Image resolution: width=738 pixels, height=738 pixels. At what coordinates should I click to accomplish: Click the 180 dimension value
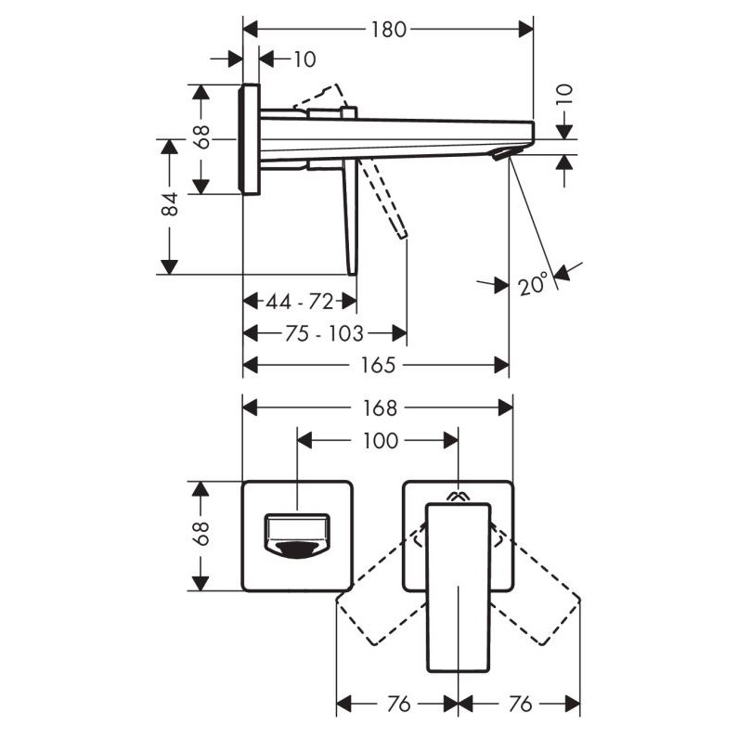tap(387, 29)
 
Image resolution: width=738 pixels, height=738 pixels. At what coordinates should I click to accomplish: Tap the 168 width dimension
tap(380, 408)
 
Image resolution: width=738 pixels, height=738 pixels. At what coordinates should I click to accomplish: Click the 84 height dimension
tap(169, 205)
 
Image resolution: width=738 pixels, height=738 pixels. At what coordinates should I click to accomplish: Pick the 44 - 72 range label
tap(300, 302)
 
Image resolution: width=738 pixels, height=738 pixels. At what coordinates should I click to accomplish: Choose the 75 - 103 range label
tap(323, 332)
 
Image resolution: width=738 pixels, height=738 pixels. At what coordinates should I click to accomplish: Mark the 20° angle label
tap(534, 283)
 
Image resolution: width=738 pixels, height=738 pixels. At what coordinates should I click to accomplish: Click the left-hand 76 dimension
tap(397, 705)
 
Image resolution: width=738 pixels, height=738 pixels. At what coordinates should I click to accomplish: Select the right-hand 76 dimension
tap(520, 705)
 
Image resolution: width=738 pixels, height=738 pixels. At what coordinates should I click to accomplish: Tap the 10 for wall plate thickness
tap(304, 59)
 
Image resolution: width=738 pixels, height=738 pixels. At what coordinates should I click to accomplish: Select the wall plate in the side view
tap(250, 139)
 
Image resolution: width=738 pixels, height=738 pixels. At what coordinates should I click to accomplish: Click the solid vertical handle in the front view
tap(458, 585)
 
